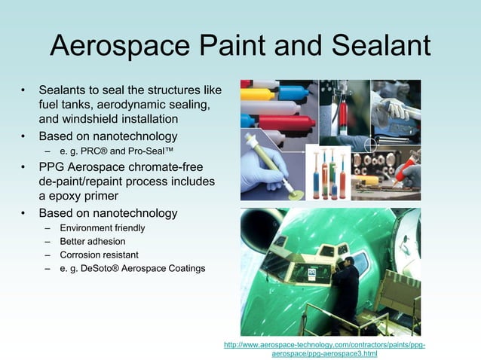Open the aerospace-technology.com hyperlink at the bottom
click(x=324, y=349)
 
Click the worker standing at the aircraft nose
click(x=347, y=287)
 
